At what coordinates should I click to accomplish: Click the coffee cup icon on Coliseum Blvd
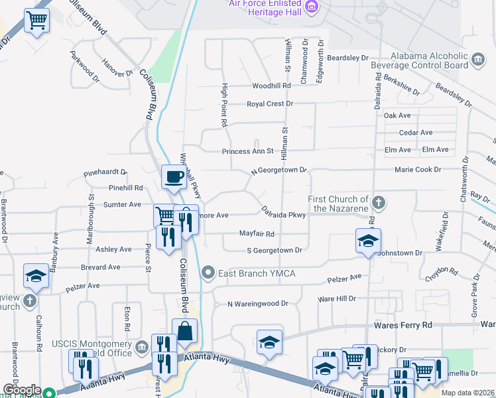[174, 177]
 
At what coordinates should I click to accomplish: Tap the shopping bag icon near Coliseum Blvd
[184, 330]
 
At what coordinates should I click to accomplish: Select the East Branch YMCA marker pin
[209, 273]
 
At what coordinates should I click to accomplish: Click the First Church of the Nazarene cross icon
[378, 201]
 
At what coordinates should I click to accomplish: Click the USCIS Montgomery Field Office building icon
[141, 347]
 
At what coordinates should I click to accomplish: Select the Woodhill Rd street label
[271, 86]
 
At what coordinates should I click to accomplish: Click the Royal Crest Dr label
[269, 104]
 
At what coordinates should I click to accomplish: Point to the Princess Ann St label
[247, 151]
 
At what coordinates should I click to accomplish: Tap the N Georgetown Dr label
[279, 170]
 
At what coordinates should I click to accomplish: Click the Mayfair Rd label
[257, 234]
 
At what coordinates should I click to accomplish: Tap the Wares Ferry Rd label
[403, 325]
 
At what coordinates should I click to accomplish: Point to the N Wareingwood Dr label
[258, 304]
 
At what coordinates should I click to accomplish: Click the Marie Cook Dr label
[418, 170]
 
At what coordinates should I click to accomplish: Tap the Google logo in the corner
[22, 390]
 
